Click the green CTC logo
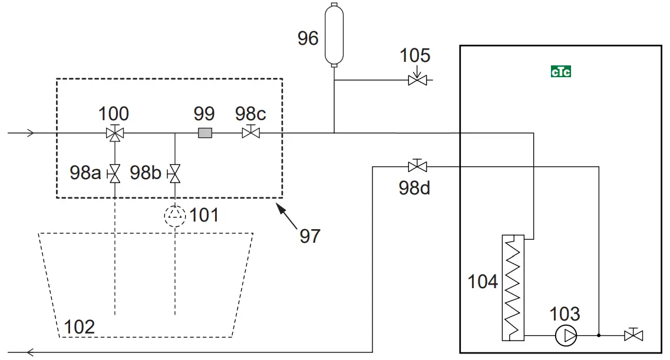[560, 72]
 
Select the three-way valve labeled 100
[114, 133]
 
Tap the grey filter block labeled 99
[204, 133]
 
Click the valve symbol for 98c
[251, 133]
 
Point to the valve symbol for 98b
[175, 173]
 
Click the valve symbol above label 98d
[417, 166]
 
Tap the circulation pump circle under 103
[565, 336]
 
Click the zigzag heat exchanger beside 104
[513, 288]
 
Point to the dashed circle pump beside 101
[175, 216]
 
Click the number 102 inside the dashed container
[80, 326]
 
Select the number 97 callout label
[310, 236]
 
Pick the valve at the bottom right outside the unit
[633, 335]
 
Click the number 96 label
[308, 39]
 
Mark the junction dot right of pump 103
[599, 336]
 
